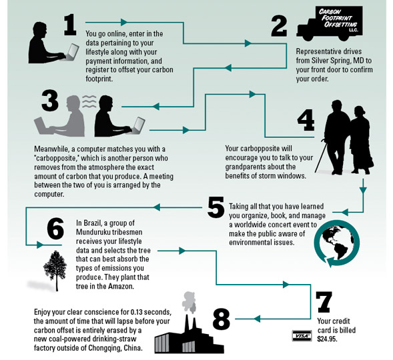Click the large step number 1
click(70, 25)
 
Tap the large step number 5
click(216, 207)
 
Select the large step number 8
click(222, 319)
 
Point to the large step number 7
click(324, 302)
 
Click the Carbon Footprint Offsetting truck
click(330, 23)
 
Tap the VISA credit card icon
click(302, 336)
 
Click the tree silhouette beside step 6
click(55, 271)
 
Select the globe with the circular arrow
click(336, 243)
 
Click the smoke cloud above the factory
click(189, 303)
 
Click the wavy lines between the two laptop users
click(89, 101)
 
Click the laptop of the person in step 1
click(72, 52)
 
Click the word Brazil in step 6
click(92, 223)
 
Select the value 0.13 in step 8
click(136, 312)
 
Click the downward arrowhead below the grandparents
click(363, 190)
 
